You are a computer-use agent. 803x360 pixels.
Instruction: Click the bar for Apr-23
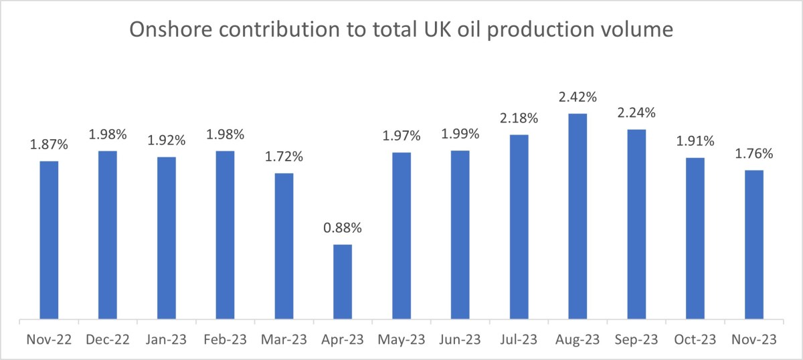(343, 281)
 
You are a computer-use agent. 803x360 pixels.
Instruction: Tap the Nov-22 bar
(49, 240)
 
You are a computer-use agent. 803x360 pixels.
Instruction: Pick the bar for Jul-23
(519, 226)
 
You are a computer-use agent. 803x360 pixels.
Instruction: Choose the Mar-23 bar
(284, 246)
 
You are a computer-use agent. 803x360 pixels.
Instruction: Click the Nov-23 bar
(753, 244)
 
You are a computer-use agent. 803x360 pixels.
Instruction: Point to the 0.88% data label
(343, 228)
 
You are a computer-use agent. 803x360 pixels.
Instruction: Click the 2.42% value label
(577, 97)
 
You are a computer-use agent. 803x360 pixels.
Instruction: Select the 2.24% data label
(636, 112)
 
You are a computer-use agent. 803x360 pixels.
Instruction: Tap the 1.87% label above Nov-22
(49, 145)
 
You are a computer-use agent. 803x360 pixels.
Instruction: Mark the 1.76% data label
(753, 154)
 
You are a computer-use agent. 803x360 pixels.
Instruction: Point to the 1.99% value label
(460, 134)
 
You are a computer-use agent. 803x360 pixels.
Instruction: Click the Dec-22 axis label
(108, 340)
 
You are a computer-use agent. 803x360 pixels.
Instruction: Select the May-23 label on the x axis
(401, 340)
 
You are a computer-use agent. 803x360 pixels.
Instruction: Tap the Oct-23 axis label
(695, 340)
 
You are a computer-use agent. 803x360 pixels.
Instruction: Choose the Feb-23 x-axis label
(225, 340)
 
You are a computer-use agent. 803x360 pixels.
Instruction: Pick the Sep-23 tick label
(636, 340)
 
